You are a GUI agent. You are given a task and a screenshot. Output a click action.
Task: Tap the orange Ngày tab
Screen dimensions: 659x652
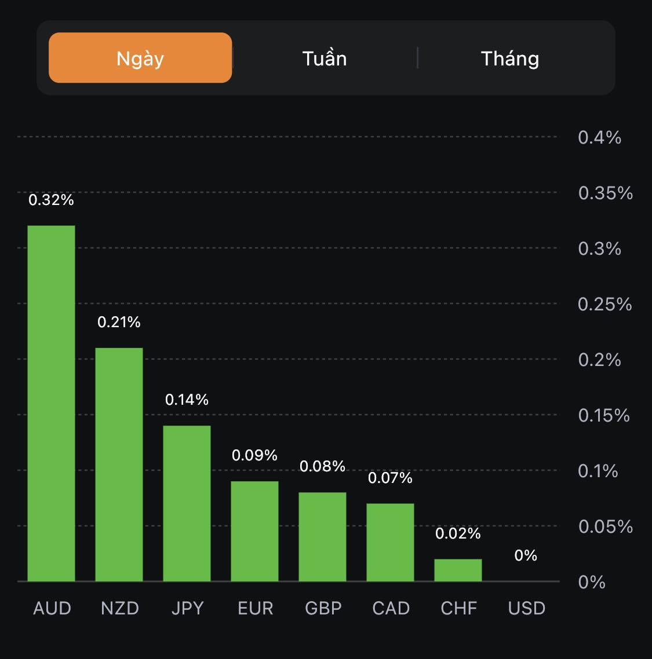pyautogui.click(x=140, y=58)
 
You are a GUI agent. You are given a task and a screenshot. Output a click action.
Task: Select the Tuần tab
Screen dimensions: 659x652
pyautogui.click(x=325, y=58)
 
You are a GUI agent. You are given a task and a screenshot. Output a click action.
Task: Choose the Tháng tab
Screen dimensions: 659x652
pyautogui.click(x=510, y=58)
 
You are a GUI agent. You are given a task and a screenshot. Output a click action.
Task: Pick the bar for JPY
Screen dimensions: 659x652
pyautogui.click(x=187, y=503)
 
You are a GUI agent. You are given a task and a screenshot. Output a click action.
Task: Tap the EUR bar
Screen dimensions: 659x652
pyautogui.click(x=254, y=531)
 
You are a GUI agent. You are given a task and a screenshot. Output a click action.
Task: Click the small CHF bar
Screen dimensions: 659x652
pyautogui.click(x=458, y=570)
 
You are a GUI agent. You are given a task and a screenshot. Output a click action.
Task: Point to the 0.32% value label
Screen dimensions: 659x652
pyautogui.click(x=52, y=200)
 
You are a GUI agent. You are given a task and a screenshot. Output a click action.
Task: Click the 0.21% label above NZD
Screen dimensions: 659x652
pyautogui.click(x=119, y=322)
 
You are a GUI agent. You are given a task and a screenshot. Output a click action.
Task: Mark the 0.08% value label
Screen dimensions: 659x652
pyautogui.click(x=322, y=466)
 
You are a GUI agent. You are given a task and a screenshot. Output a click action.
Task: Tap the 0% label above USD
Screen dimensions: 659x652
pyautogui.click(x=526, y=556)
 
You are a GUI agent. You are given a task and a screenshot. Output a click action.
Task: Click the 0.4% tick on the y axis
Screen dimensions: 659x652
pyautogui.click(x=599, y=138)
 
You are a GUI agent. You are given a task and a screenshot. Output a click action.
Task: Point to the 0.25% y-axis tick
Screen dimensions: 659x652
pyautogui.click(x=604, y=304)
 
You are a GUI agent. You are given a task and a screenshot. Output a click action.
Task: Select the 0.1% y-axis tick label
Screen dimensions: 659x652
pyautogui.click(x=598, y=471)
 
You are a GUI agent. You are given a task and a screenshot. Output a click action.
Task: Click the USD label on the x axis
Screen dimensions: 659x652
pyautogui.click(x=526, y=608)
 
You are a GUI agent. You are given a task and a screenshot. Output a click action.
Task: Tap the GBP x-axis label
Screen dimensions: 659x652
pyautogui.click(x=323, y=608)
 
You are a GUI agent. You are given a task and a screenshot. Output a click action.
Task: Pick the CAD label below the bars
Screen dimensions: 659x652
pyautogui.click(x=391, y=608)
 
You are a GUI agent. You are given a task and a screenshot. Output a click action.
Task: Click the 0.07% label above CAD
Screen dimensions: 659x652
pyautogui.click(x=390, y=478)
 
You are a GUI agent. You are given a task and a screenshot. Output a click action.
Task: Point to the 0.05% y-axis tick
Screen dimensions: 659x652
pyautogui.click(x=605, y=526)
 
